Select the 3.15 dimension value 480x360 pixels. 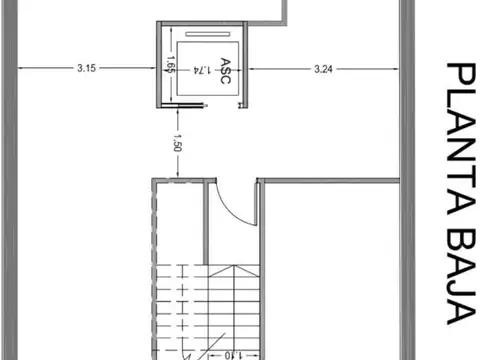(86, 69)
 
